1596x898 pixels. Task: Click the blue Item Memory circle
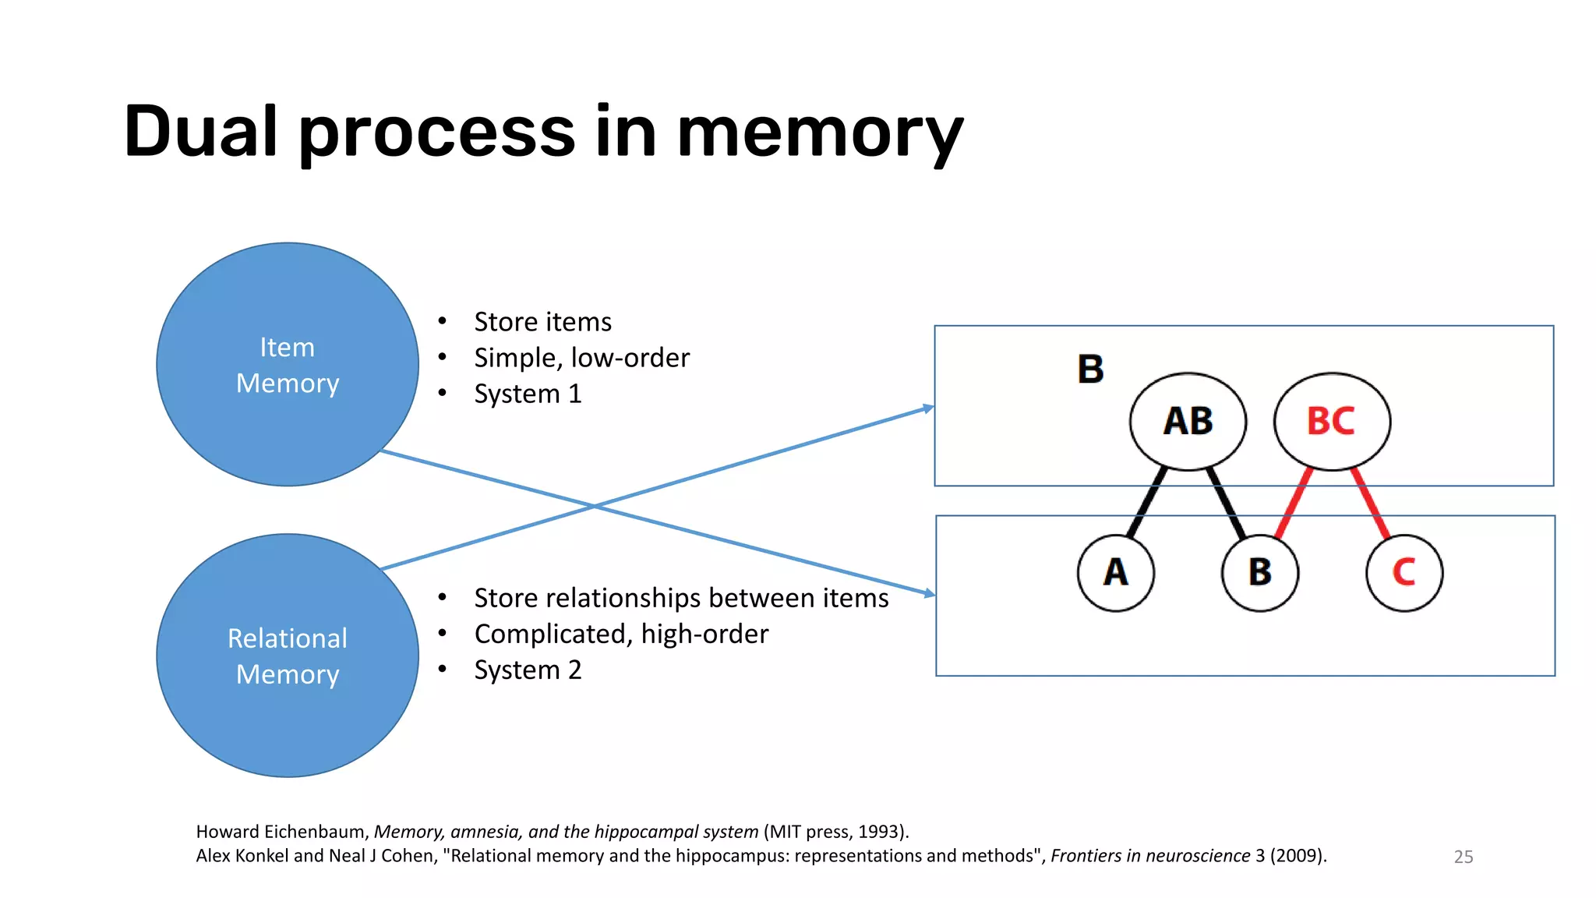[287, 364]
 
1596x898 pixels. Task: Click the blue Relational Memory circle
[287, 656]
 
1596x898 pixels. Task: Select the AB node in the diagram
[1188, 421]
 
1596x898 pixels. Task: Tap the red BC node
[1332, 421]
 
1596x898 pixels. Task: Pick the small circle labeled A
[1116, 573]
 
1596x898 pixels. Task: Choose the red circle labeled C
[1404, 573]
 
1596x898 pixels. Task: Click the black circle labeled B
[1260, 573]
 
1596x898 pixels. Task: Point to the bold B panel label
[1090, 369]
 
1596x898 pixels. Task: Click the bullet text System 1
[528, 394]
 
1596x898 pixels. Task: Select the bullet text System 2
[528, 670]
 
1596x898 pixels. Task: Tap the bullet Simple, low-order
[581, 358]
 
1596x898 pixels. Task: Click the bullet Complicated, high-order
[621, 634]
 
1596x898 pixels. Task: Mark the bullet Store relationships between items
[681, 598]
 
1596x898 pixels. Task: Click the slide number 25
[1463, 857]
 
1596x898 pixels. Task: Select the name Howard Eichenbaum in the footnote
[281, 832]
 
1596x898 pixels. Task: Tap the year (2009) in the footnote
[1298, 856]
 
